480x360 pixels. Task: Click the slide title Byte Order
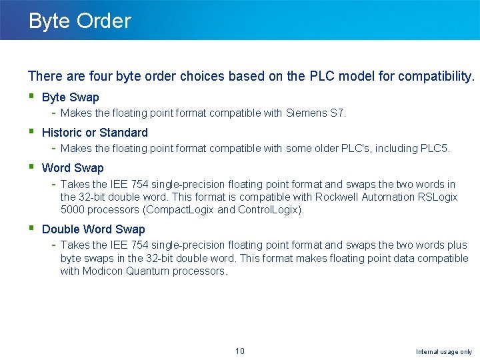pyautogui.click(x=79, y=21)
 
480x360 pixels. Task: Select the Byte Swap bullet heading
pyautogui.click(x=70, y=97)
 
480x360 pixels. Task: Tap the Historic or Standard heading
pyautogui.click(x=95, y=133)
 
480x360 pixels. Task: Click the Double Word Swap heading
pyautogui.click(x=93, y=229)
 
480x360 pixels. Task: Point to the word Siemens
pyautogui.click(x=306, y=113)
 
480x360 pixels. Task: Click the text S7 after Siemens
pyautogui.click(x=337, y=113)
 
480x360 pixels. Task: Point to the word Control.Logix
pyautogui.click(x=271, y=210)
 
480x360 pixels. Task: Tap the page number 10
pyautogui.click(x=240, y=351)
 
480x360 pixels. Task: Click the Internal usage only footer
pyautogui.click(x=443, y=352)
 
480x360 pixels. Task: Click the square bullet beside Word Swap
pyautogui.click(x=31, y=167)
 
